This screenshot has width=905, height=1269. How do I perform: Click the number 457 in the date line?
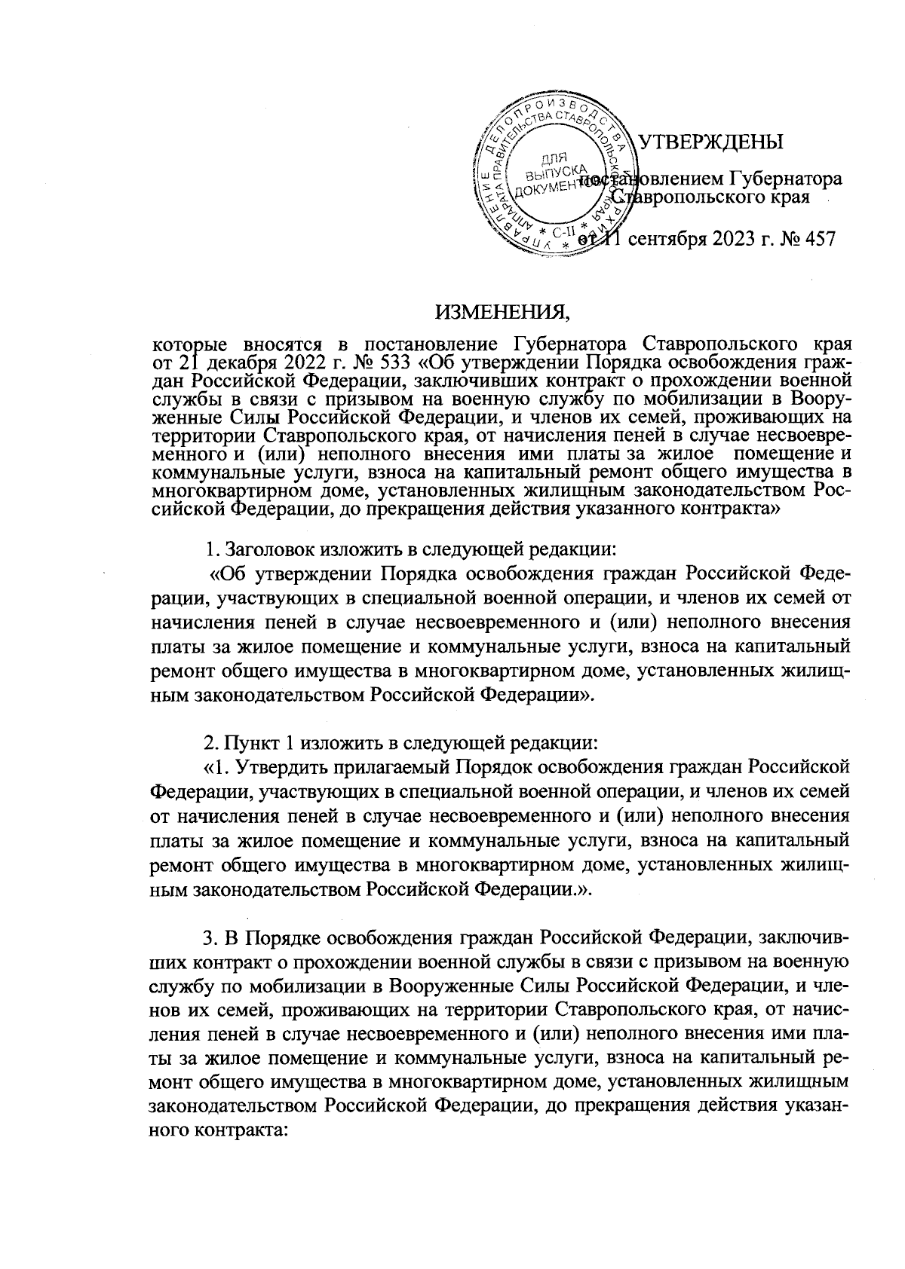[x=817, y=240]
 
